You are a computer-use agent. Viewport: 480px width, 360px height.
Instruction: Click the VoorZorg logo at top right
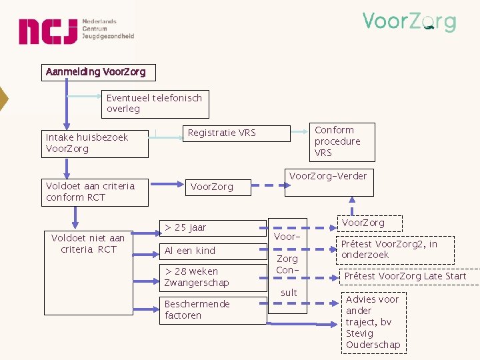(409, 22)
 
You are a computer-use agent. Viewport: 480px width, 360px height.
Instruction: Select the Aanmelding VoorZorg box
(95, 72)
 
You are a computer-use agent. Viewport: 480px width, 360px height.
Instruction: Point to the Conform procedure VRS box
(344, 141)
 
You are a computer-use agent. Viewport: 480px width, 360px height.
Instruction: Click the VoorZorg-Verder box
(327, 182)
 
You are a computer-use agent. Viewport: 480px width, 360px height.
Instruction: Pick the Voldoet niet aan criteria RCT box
(89, 244)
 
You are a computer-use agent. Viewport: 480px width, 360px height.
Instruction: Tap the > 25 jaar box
(213, 228)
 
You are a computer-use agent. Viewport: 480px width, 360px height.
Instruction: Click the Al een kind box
(213, 251)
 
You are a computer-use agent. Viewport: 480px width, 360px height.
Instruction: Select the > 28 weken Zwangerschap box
(213, 277)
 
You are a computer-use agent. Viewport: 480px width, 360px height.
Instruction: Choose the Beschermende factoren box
(213, 310)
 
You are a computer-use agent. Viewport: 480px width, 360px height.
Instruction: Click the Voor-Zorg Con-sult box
(287, 265)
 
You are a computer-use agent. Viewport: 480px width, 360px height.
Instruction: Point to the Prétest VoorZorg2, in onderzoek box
(394, 250)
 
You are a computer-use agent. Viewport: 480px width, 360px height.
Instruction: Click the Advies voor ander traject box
(373, 322)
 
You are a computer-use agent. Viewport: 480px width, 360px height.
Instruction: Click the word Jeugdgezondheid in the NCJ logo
(108, 37)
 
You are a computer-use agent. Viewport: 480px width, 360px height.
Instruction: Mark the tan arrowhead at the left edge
(3, 98)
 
